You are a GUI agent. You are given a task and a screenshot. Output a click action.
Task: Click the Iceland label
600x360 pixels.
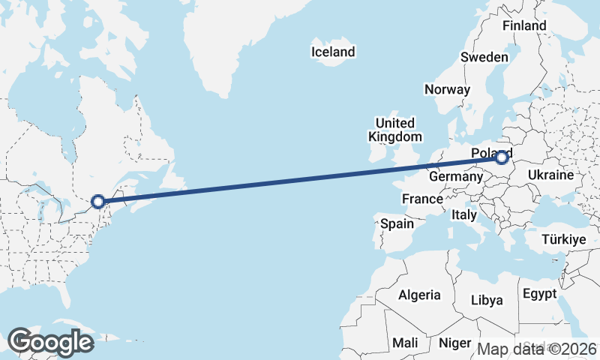pyautogui.click(x=333, y=52)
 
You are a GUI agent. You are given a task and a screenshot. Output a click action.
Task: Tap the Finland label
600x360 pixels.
pyautogui.click(x=524, y=25)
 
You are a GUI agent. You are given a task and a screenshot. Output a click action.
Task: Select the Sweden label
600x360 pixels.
pyautogui.click(x=484, y=57)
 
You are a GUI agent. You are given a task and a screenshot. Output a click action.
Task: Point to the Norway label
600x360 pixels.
pyautogui.click(x=447, y=89)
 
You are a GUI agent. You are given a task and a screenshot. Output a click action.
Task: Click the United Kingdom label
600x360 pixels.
pyautogui.click(x=394, y=130)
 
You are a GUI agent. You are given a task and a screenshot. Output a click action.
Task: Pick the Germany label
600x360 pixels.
pyautogui.click(x=455, y=177)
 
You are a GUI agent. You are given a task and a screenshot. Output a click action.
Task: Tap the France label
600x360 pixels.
pyautogui.click(x=421, y=199)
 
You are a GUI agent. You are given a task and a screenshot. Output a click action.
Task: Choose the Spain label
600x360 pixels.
pyautogui.click(x=397, y=223)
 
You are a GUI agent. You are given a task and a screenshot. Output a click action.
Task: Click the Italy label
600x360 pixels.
pyautogui.click(x=464, y=214)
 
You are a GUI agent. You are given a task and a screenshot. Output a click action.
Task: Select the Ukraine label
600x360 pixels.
pyautogui.click(x=550, y=175)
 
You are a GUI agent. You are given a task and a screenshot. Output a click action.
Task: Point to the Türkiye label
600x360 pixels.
pyautogui.click(x=563, y=240)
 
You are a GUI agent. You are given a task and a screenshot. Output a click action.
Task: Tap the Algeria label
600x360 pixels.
pyautogui.click(x=419, y=295)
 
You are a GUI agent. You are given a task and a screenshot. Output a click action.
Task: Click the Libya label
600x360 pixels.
pyautogui.click(x=487, y=300)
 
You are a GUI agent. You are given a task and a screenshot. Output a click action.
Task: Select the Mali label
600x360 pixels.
pyautogui.click(x=406, y=343)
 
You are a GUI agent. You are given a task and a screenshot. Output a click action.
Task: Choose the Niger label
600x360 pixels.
pyautogui.click(x=454, y=343)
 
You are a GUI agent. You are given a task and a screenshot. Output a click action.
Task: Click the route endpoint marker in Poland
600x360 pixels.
pyautogui.click(x=502, y=157)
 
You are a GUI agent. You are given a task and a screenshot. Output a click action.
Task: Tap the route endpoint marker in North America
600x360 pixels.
pyautogui.click(x=97, y=201)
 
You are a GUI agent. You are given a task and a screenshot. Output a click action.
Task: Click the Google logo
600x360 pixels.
pyautogui.click(x=50, y=342)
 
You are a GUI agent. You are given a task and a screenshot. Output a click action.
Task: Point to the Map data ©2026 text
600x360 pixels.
pyautogui.click(x=537, y=349)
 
